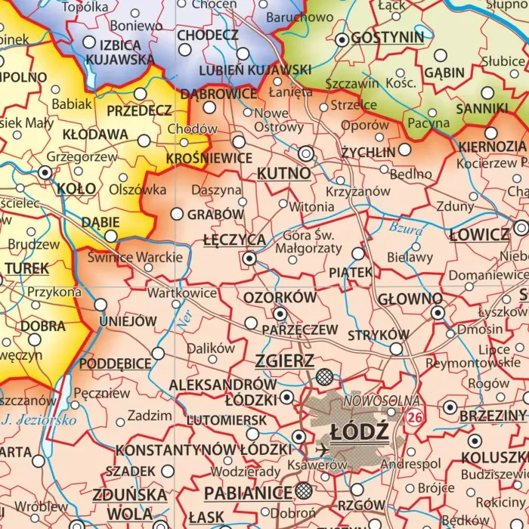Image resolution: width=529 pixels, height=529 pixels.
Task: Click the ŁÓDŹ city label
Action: click(x=360, y=432)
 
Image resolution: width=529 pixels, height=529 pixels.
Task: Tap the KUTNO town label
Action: click(x=283, y=173)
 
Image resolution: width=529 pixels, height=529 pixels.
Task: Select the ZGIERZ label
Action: click(x=285, y=360)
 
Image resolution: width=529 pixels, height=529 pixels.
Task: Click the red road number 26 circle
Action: click(x=413, y=417)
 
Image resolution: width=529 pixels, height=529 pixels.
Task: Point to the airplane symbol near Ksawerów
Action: click(x=324, y=449)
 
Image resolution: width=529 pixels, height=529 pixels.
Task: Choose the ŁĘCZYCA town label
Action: click(x=234, y=240)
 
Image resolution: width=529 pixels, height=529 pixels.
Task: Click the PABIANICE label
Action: click(x=248, y=493)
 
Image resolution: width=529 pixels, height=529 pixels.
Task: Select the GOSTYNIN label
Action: click(x=388, y=37)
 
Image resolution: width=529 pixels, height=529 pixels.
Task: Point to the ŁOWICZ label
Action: click(x=479, y=234)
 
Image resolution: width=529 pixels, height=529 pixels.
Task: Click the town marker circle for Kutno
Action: click(x=306, y=153)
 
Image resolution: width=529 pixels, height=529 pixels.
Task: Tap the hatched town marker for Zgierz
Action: click(x=325, y=376)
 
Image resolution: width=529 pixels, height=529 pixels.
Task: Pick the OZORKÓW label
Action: click(x=280, y=297)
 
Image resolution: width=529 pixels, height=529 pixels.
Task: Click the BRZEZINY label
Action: click(x=492, y=416)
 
